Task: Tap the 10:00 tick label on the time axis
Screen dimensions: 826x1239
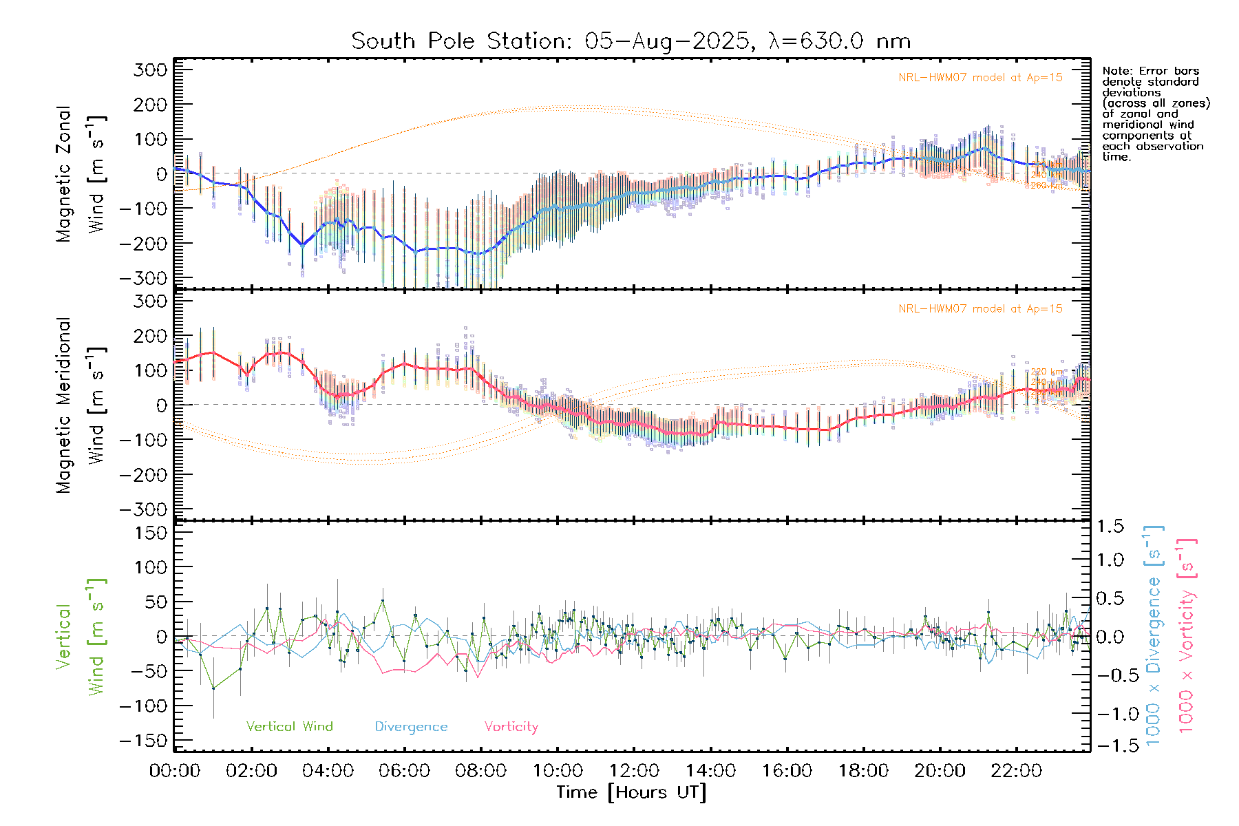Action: tap(558, 771)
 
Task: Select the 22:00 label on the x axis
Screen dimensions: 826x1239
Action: tap(1016, 771)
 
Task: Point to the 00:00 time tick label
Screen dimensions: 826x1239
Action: tap(175, 771)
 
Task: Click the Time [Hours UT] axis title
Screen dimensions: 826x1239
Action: tap(631, 792)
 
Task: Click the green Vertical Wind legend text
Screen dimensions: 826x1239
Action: tap(289, 727)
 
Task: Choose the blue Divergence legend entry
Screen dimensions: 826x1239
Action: tap(411, 727)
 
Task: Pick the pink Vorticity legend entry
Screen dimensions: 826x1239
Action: tap(511, 727)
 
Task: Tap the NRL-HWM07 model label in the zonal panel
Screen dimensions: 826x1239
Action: tap(980, 78)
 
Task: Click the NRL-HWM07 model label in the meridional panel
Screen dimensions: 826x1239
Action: tap(980, 309)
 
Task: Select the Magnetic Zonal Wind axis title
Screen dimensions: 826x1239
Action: tap(81, 173)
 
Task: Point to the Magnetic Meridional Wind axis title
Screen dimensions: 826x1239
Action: tap(81, 405)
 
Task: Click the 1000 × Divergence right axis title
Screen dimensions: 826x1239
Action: tap(1154, 636)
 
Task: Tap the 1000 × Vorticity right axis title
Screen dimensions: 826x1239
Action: tap(1187, 636)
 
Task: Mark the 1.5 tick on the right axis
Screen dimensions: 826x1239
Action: tap(1110, 527)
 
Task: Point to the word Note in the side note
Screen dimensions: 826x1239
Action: tap(1116, 71)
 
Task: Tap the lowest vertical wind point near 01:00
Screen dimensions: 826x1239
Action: tap(213, 688)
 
